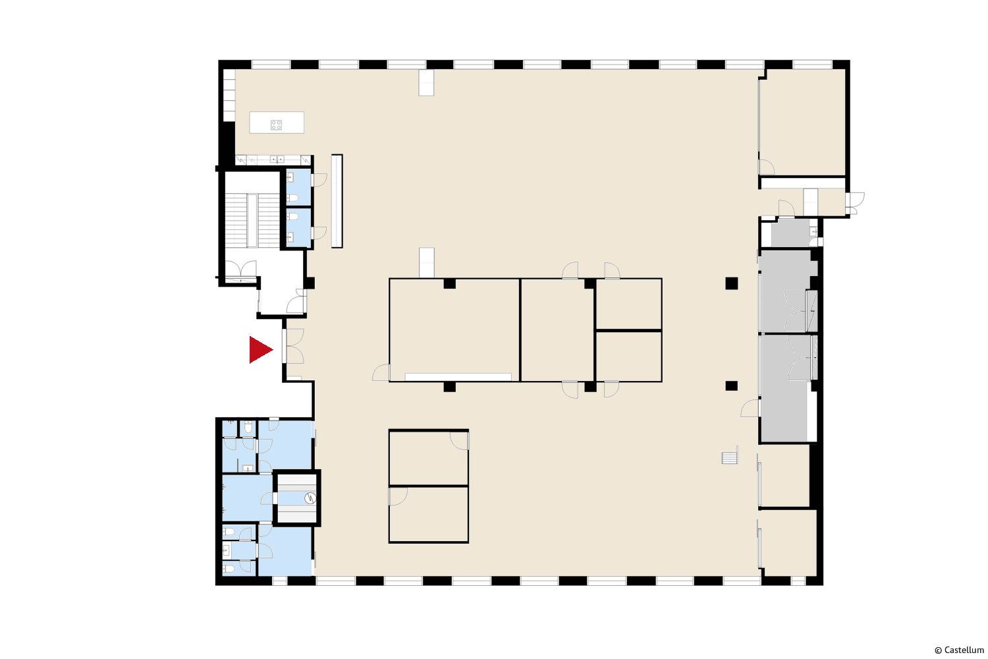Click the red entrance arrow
(x=260, y=349)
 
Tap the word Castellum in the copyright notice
(x=964, y=650)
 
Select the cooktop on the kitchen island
(x=276, y=125)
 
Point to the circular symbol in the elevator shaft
(x=310, y=498)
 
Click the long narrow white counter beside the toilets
(x=337, y=201)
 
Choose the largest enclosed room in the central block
(x=454, y=329)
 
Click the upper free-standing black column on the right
(x=731, y=283)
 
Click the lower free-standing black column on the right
(x=731, y=386)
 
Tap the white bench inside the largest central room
(x=458, y=377)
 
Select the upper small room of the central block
(x=628, y=304)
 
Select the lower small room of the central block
(x=628, y=356)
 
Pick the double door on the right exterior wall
(x=855, y=203)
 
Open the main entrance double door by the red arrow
(x=294, y=346)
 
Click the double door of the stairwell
(x=241, y=270)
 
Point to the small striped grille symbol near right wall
(x=730, y=457)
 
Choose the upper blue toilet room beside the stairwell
(x=298, y=186)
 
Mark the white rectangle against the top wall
(x=426, y=82)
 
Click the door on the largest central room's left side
(x=381, y=372)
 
